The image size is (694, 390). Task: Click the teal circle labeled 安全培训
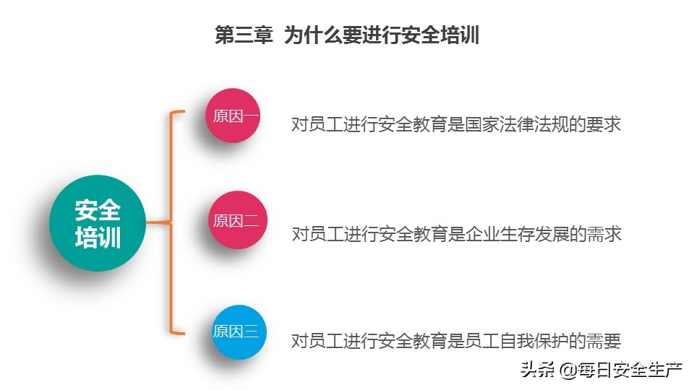(98, 223)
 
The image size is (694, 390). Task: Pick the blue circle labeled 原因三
(235, 332)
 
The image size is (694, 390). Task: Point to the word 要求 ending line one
(604, 124)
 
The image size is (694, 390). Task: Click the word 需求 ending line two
(604, 234)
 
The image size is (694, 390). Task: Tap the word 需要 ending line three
(604, 341)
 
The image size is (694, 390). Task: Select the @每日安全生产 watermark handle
(620, 371)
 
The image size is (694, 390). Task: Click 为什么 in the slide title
(312, 35)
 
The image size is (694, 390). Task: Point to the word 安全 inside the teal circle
(98, 211)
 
